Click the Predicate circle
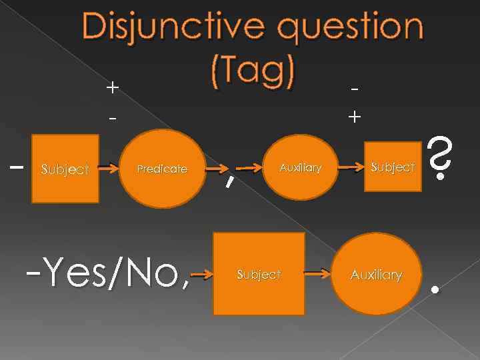[x=162, y=169]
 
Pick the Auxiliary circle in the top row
[x=300, y=167]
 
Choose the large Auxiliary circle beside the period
[x=377, y=274]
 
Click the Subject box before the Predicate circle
[x=65, y=169]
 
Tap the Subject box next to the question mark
[x=393, y=167]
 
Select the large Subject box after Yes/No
[x=259, y=273]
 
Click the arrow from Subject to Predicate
[x=109, y=169]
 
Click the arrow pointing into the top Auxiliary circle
[x=248, y=169]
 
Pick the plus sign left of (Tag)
[x=113, y=87]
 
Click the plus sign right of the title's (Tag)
[x=355, y=117]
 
